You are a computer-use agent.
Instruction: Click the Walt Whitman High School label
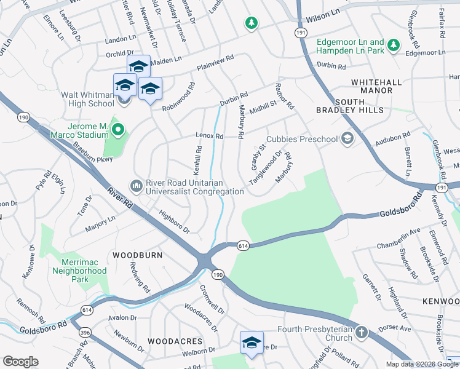pyautogui.click(x=87, y=100)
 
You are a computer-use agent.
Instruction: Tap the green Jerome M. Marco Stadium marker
pyautogui.click(x=119, y=130)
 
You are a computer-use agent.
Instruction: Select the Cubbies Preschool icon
pyautogui.click(x=347, y=138)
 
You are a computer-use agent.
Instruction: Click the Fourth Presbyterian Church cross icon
pyautogui.click(x=362, y=333)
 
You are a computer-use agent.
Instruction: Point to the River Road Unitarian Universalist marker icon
pyautogui.click(x=135, y=185)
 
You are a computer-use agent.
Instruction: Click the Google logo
pyautogui.click(x=20, y=362)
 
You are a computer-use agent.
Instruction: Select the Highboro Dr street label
pyautogui.click(x=174, y=223)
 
